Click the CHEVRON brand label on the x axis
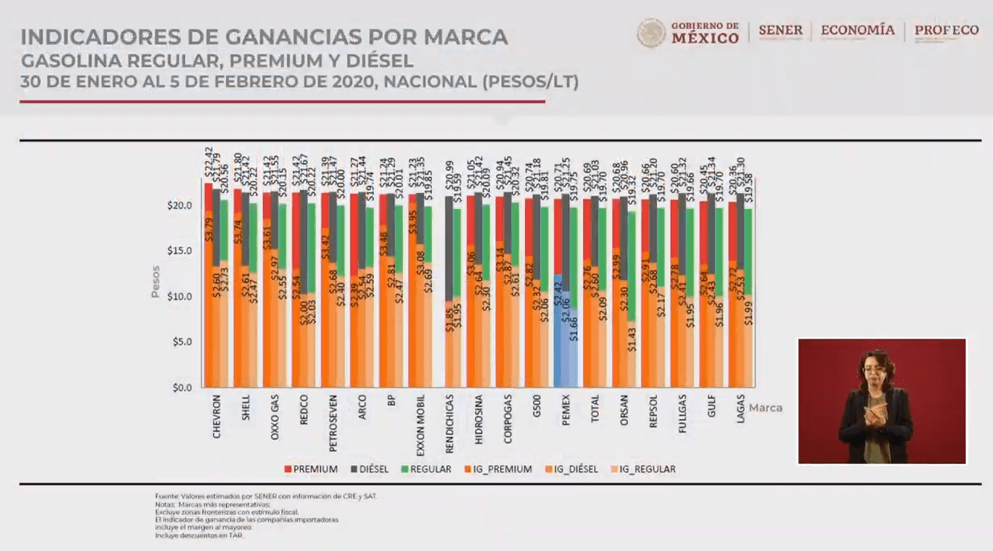point(217,416)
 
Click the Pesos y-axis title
point(156,281)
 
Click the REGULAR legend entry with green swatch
point(429,469)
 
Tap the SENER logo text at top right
point(780,31)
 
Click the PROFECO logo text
point(946,31)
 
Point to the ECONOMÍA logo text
point(857,31)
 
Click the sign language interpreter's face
point(874,368)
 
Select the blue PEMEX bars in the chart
point(566,338)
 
